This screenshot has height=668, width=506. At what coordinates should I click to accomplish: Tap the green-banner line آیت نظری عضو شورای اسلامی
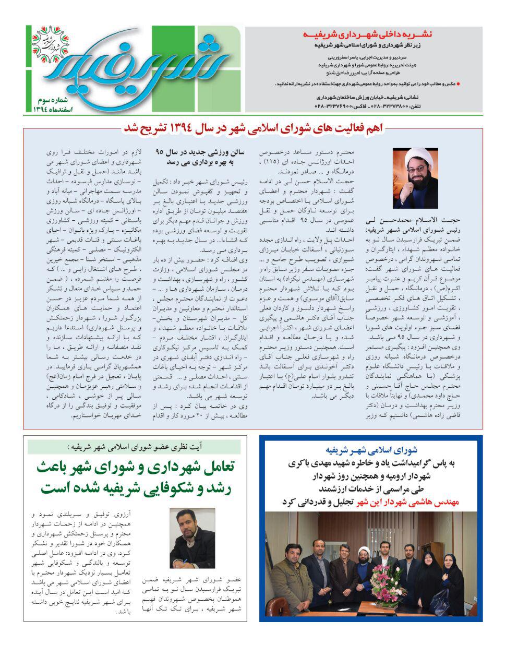[135, 447]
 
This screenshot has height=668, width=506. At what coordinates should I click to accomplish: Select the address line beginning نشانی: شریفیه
[370, 97]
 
